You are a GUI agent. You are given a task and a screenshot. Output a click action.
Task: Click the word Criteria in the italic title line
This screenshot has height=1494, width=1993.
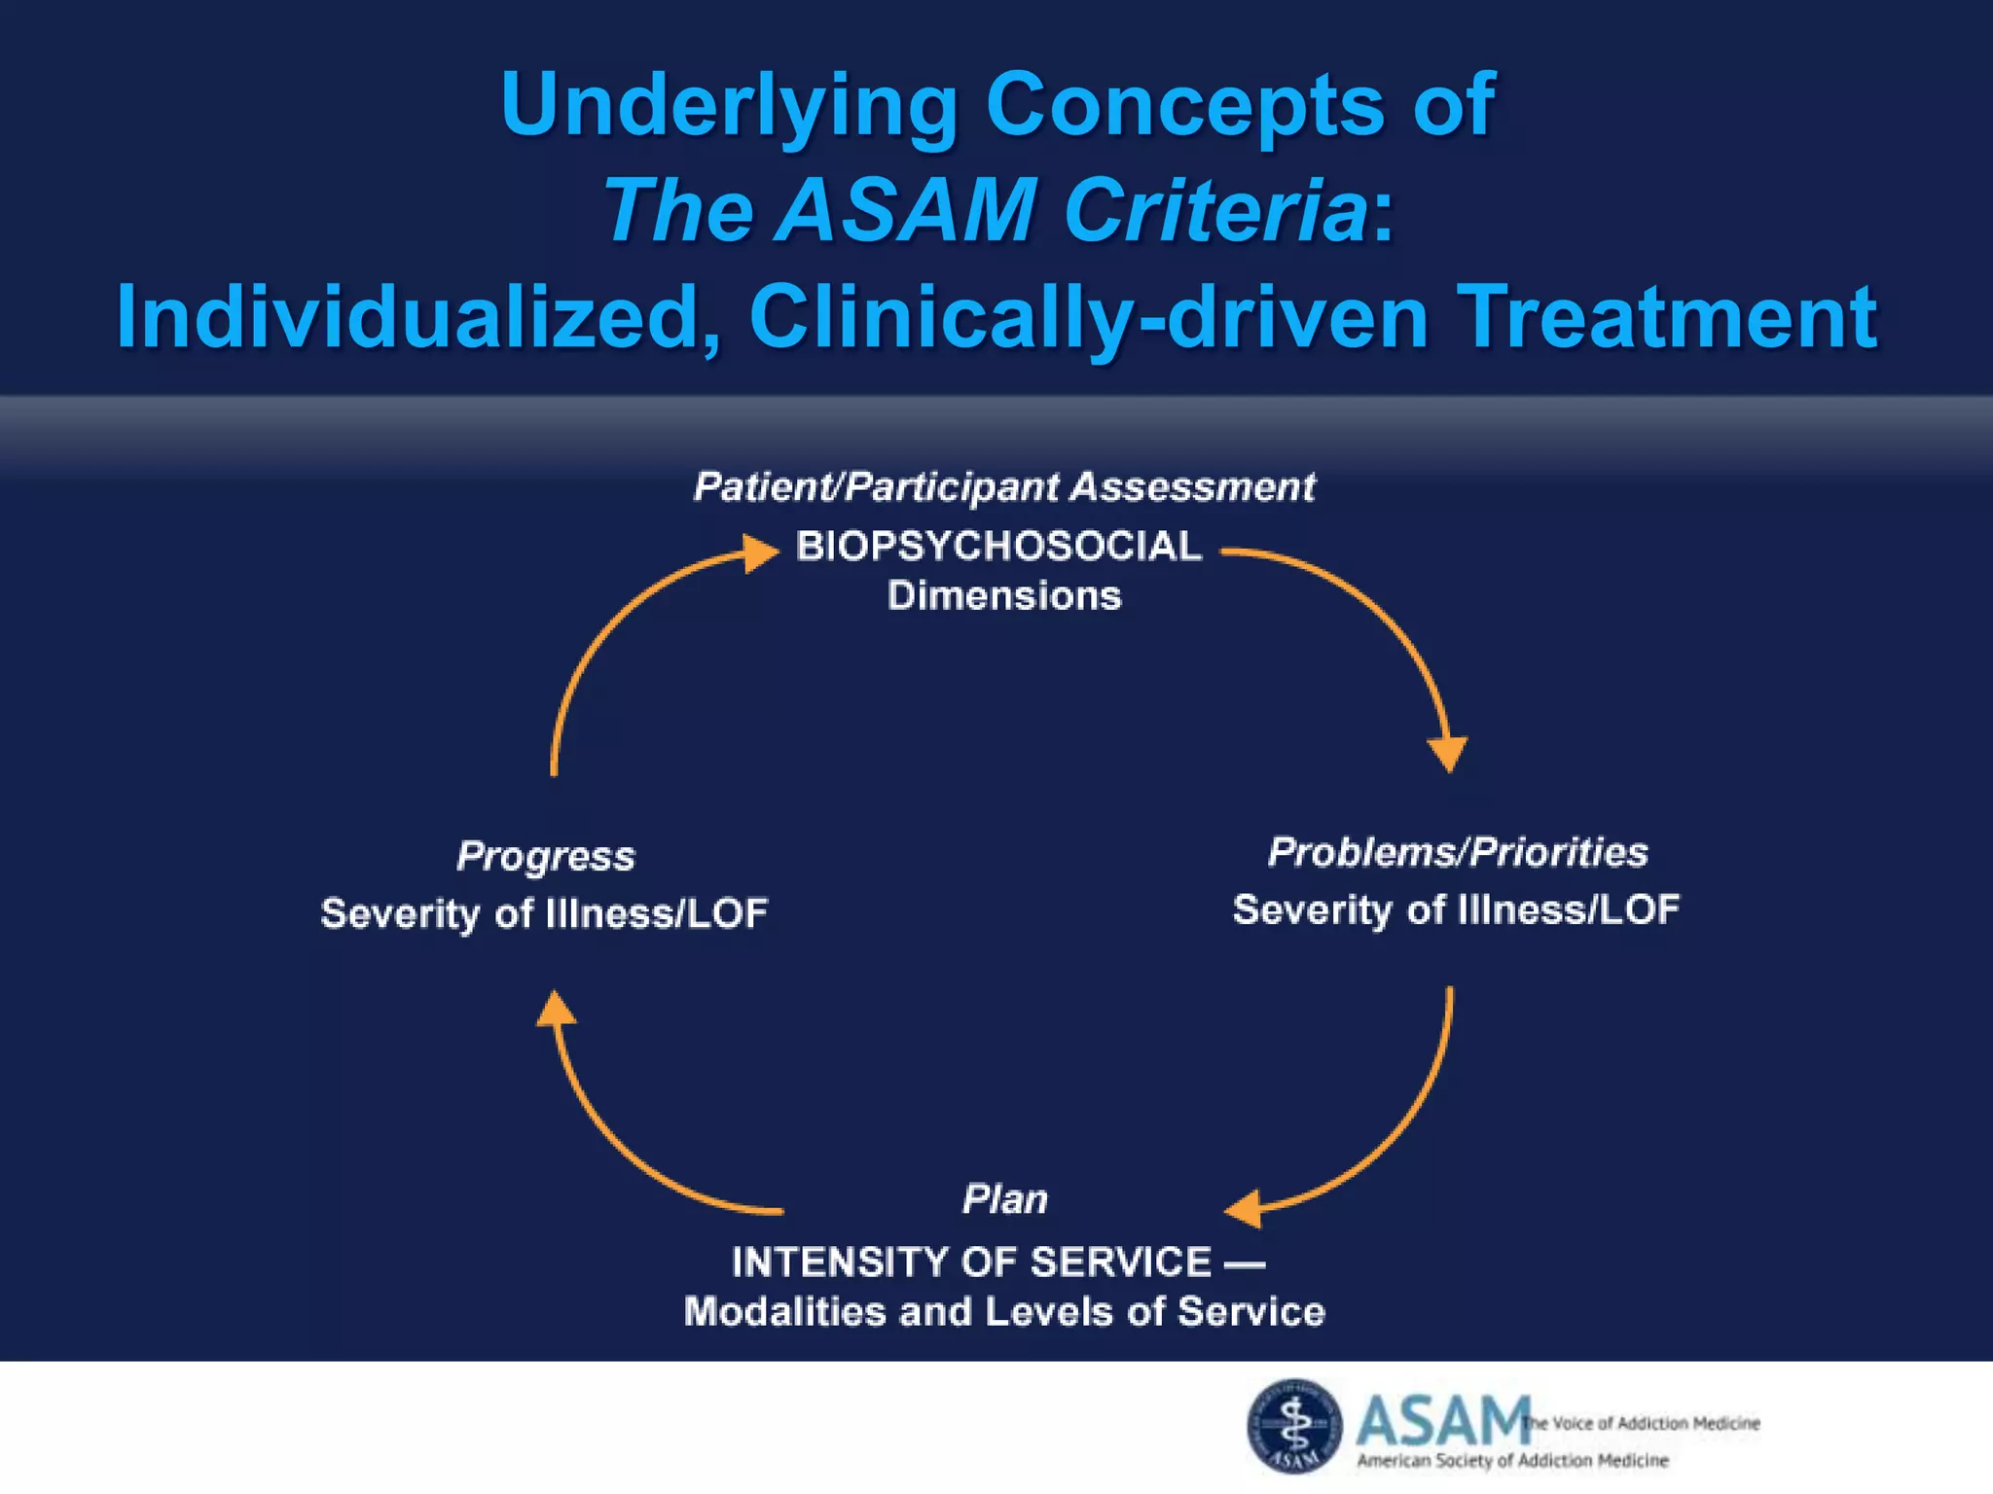pyautogui.click(x=1216, y=210)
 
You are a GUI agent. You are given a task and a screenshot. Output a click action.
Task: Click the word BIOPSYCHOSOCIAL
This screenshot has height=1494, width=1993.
pyautogui.click(x=998, y=547)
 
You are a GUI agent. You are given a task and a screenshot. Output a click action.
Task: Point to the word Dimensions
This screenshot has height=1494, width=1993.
pyautogui.click(x=1004, y=595)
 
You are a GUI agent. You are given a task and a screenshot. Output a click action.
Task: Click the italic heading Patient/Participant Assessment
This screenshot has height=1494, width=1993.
pyautogui.click(x=1004, y=486)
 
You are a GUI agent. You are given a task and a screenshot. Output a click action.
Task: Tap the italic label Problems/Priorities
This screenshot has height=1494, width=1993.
pyautogui.click(x=1458, y=852)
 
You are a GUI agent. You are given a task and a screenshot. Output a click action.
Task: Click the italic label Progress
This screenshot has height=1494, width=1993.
pyautogui.click(x=546, y=856)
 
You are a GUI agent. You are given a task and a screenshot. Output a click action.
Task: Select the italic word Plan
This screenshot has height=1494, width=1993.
pyautogui.click(x=1004, y=1198)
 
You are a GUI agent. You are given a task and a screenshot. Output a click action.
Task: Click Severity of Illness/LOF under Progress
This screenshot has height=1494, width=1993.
pyautogui.click(x=544, y=913)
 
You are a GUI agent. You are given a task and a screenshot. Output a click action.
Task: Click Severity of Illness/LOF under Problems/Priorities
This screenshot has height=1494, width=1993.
pyautogui.click(x=1456, y=909)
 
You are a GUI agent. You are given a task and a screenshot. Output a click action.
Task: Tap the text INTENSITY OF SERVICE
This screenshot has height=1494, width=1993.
pyautogui.click(x=971, y=1263)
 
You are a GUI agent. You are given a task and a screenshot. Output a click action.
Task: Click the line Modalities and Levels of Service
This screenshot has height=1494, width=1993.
pyautogui.click(x=1004, y=1312)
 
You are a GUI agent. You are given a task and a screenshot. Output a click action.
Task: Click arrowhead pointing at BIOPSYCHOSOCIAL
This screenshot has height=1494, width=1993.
pyautogui.click(x=761, y=552)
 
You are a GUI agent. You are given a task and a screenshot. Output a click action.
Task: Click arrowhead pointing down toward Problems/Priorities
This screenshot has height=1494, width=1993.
pyautogui.click(x=1448, y=753)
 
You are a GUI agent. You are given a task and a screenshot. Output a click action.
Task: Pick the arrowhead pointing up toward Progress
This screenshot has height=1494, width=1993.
pyautogui.click(x=556, y=1010)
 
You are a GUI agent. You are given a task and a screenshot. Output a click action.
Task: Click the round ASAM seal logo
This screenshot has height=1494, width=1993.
pyautogui.click(x=1294, y=1425)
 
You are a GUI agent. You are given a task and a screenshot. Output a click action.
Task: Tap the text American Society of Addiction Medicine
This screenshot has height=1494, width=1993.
pyautogui.click(x=1512, y=1460)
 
